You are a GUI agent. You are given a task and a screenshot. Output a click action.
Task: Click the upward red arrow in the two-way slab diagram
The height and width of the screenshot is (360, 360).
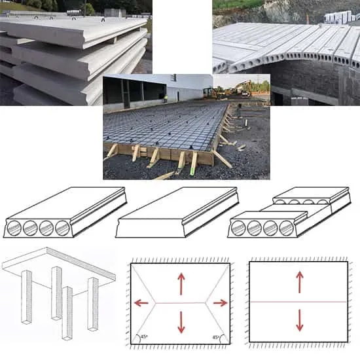[x=181, y=283]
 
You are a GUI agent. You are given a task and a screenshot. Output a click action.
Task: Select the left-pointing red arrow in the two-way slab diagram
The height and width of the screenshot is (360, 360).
[x=141, y=303]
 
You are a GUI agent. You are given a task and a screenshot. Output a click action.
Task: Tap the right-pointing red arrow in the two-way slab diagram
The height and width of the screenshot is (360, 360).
[x=221, y=303]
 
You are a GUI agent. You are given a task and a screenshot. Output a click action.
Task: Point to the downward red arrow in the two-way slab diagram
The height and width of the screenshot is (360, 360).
[x=181, y=322]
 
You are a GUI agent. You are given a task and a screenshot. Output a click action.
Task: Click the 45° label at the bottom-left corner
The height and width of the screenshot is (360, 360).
[x=144, y=337]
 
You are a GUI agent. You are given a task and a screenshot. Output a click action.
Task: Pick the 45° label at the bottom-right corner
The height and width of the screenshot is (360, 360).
[x=215, y=337]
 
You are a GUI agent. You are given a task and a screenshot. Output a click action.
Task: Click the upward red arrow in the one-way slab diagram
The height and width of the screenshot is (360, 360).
[x=299, y=282]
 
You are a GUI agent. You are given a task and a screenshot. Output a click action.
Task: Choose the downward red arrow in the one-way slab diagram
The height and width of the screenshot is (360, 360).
[x=299, y=320]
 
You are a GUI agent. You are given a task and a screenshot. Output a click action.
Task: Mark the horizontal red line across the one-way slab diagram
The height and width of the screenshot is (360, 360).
[x=298, y=302]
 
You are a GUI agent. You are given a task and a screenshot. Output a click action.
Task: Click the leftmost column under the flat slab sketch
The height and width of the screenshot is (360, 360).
[x=26, y=297]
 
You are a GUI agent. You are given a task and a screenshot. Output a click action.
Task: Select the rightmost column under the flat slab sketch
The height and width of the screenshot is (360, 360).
[x=93, y=304]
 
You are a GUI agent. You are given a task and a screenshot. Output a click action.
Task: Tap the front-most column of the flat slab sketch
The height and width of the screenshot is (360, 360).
[x=67, y=314]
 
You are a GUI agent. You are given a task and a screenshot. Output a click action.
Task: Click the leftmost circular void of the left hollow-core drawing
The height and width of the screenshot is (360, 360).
[x=14, y=228]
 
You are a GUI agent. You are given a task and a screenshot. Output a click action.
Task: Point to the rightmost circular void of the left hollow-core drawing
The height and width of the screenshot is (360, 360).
[x=62, y=228]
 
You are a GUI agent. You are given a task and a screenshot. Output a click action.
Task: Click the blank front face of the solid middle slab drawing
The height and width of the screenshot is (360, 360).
[x=150, y=228]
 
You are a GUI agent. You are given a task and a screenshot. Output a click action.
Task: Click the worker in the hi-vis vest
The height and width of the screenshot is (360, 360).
[x=166, y=98]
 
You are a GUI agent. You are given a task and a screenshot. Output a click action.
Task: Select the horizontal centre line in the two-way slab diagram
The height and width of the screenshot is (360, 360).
[x=181, y=303]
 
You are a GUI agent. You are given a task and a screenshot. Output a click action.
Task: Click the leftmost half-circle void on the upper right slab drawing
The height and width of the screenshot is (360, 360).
[x=280, y=202]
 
